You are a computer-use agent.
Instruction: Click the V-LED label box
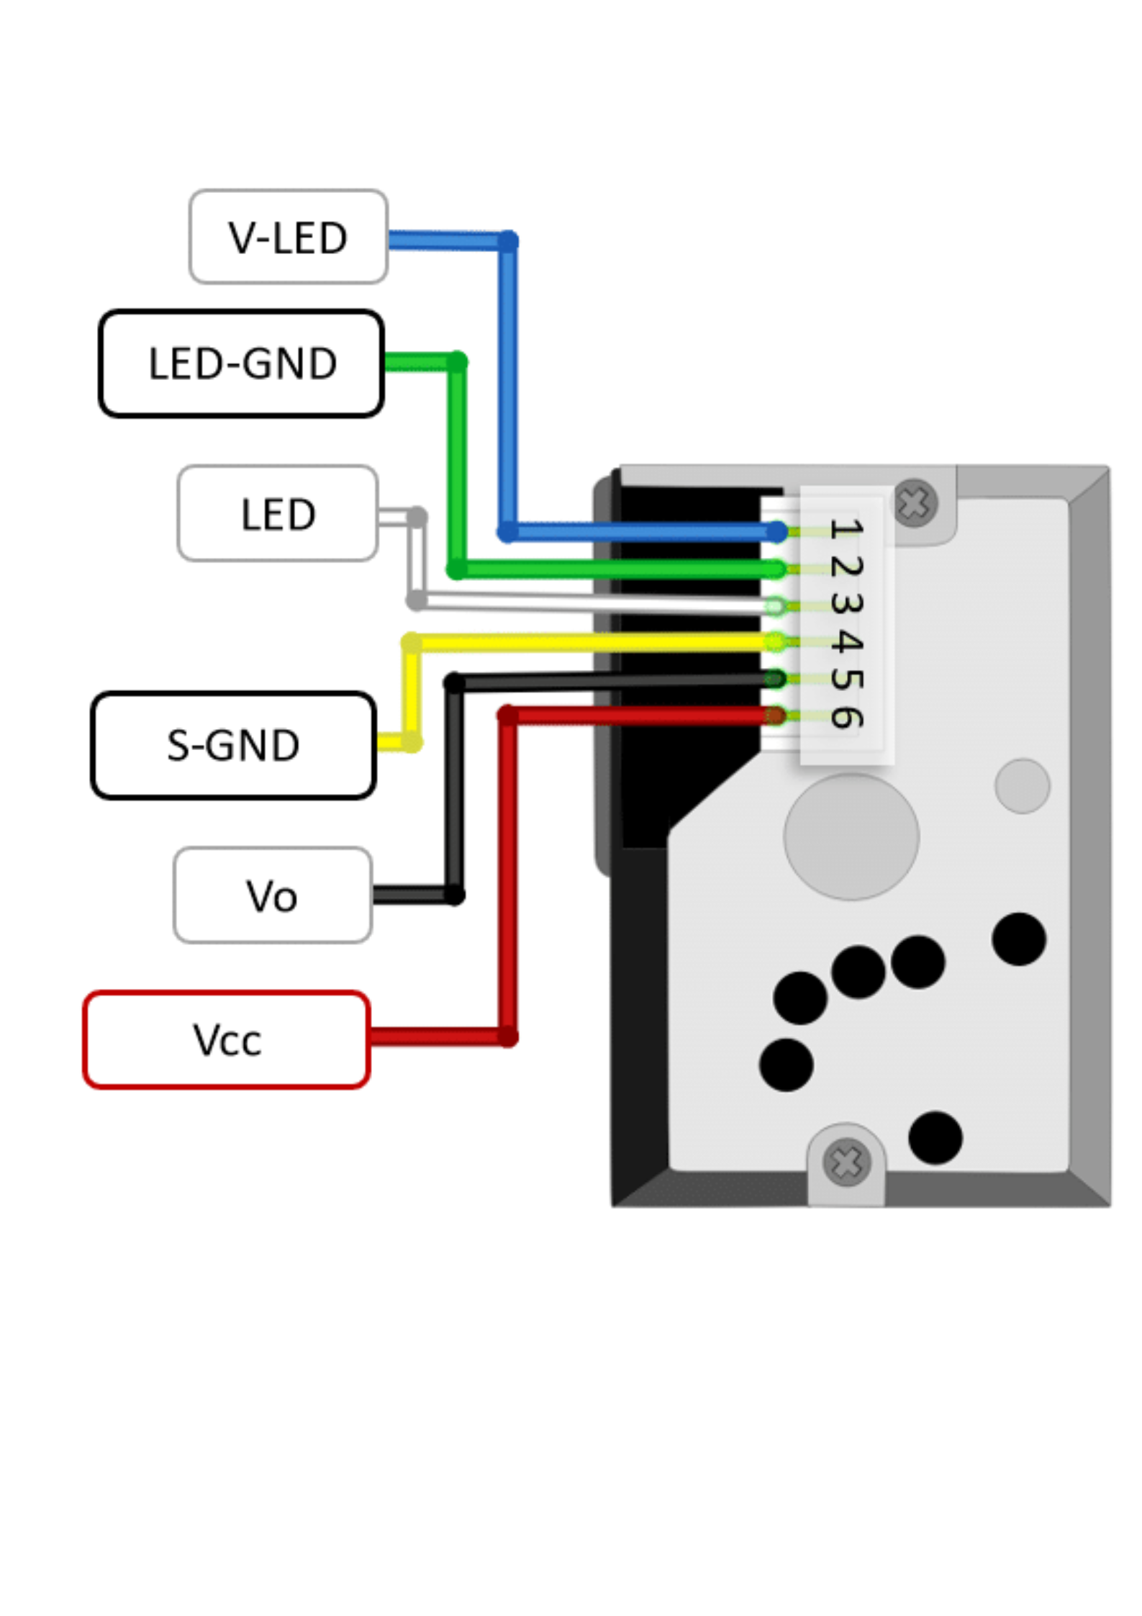[x=288, y=236]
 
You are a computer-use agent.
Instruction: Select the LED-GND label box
[x=241, y=363]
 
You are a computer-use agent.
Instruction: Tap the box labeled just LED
[x=278, y=513]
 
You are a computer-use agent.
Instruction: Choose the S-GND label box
[x=233, y=745]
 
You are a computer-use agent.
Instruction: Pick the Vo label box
[x=273, y=895]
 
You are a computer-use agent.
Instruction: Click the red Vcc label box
[x=227, y=1039]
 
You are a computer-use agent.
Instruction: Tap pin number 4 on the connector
[x=846, y=640]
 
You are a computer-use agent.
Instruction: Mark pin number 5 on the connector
[x=846, y=678]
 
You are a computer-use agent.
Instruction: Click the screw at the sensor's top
[x=915, y=503]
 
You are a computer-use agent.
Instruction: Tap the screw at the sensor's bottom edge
[x=846, y=1163]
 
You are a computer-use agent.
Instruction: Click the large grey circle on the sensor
[x=851, y=836]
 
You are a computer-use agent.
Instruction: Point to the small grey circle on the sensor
[x=1022, y=786]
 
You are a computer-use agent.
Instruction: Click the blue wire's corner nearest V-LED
[x=508, y=241]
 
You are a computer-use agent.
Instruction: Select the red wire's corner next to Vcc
[x=508, y=1037]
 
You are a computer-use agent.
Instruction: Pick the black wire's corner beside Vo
[x=454, y=895]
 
